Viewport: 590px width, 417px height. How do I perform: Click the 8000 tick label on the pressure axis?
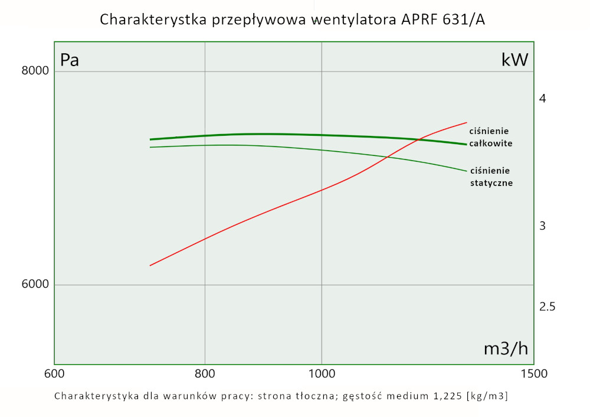(35, 71)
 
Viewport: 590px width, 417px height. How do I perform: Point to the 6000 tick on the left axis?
(35, 285)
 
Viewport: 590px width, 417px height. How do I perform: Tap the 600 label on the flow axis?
(54, 373)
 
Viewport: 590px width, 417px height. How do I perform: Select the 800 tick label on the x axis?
(205, 373)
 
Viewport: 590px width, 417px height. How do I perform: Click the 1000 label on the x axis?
(322, 373)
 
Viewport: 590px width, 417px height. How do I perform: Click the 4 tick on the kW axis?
(543, 98)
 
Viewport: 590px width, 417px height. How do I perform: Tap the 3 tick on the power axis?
(543, 226)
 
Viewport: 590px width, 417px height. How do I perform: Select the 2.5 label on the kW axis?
(548, 307)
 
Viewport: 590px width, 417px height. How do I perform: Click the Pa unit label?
(70, 60)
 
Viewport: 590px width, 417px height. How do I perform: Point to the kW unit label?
(514, 60)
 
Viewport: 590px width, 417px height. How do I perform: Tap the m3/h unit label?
(506, 348)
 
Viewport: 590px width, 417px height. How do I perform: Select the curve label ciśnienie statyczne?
(491, 177)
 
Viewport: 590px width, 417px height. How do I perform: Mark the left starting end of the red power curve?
(150, 265)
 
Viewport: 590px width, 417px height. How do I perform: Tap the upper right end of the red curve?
(467, 123)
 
